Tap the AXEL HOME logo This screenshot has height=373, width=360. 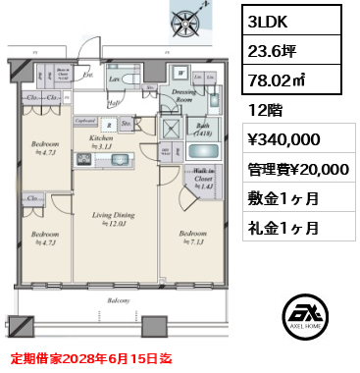point(306,313)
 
